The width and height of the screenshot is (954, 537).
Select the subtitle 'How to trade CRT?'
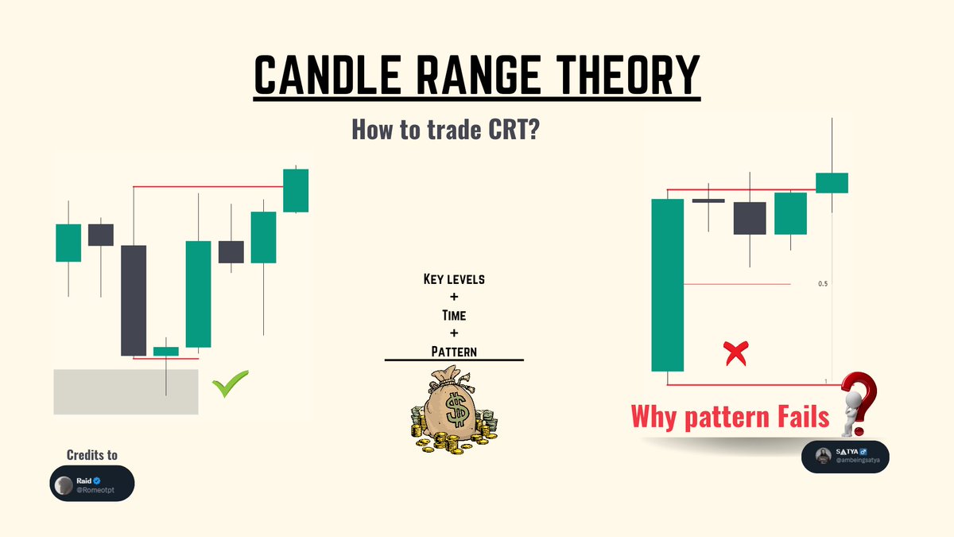click(447, 129)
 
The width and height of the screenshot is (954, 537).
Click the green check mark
click(231, 384)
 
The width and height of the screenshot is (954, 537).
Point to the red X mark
click(736, 352)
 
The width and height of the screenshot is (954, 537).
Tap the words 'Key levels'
click(454, 280)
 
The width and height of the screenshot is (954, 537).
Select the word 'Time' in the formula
click(454, 315)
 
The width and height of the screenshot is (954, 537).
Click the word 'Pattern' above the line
click(454, 350)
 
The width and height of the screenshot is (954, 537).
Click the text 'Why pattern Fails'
click(730, 417)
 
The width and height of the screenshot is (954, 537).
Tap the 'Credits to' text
click(92, 455)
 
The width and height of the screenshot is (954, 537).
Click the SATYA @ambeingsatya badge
click(845, 457)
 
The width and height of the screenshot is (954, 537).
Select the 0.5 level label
click(823, 284)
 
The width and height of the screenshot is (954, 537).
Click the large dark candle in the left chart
click(134, 300)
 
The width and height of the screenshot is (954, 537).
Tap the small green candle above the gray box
click(166, 351)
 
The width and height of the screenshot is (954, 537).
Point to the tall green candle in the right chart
click(668, 285)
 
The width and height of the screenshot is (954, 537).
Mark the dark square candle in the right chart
click(750, 218)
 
